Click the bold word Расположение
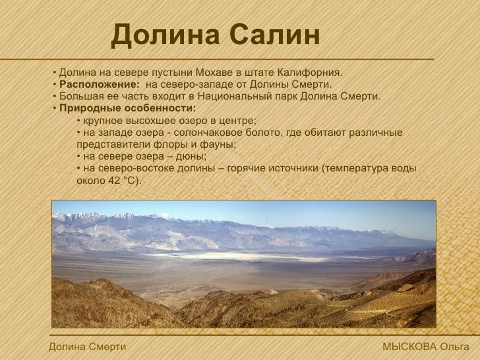99,84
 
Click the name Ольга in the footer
454,347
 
